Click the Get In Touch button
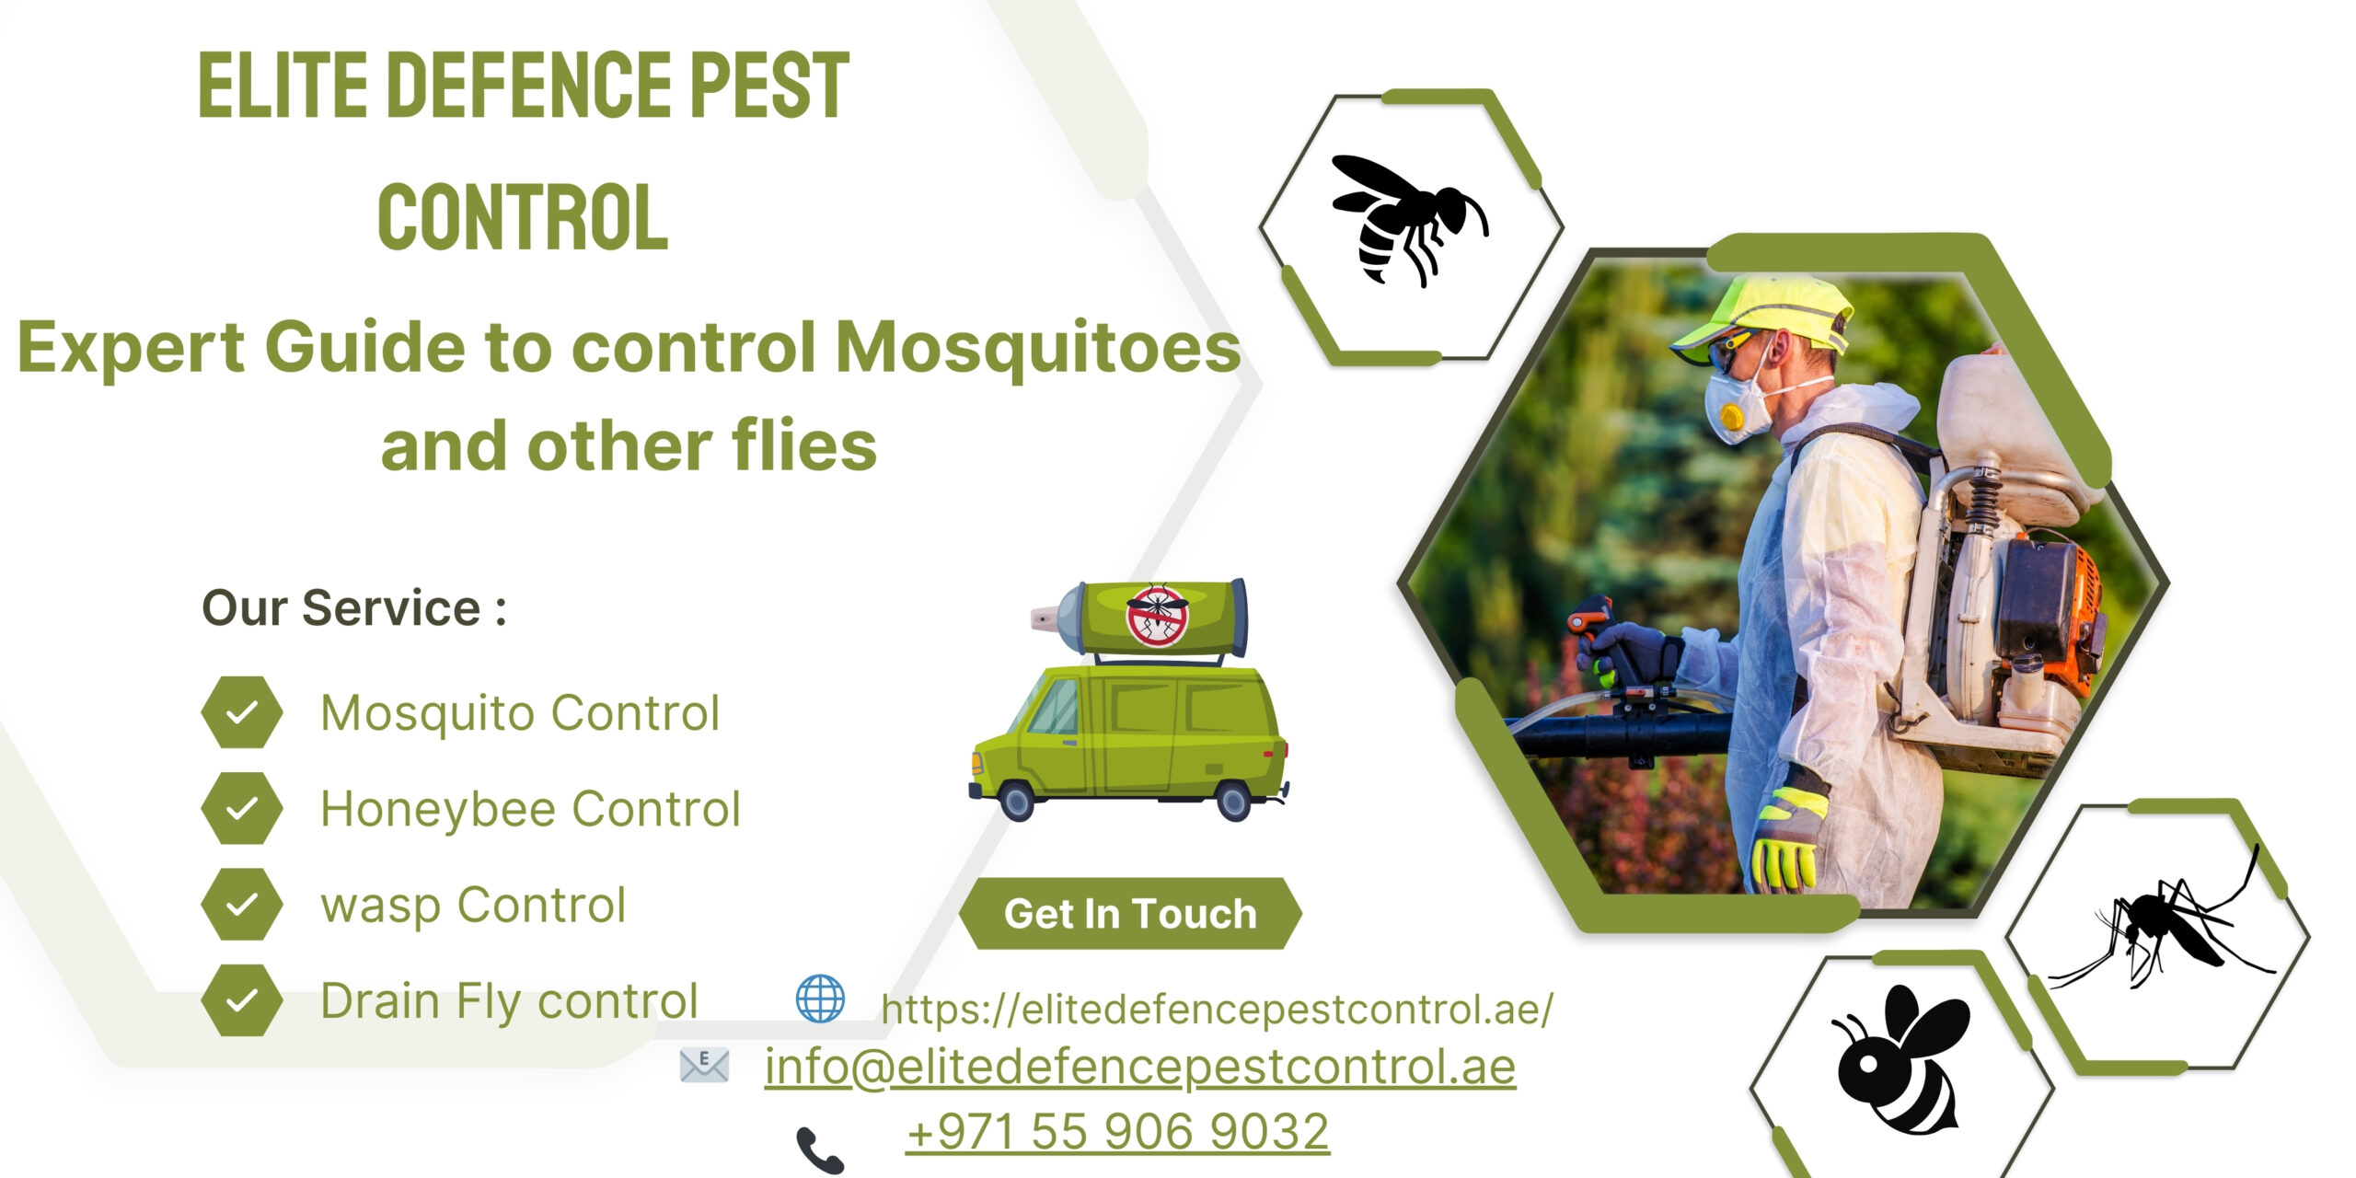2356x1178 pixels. (x=1130, y=914)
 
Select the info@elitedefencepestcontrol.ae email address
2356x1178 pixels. (x=1139, y=1068)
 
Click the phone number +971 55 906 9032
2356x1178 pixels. (x=1117, y=1131)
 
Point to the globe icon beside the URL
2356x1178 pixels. (x=819, y=999)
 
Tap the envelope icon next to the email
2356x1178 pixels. (x=704, y=1065)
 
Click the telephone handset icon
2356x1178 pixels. (x=819, y=1149)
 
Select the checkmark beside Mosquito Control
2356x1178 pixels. (x=241, y=712)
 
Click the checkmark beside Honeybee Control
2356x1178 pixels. (x=241, y=808)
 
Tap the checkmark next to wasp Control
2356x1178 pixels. (x=241, y=905)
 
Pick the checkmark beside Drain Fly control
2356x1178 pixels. (x=241, y=1000)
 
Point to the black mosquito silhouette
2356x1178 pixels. (x=2163, y=930)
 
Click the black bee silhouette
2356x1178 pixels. (x=1900, y=1058)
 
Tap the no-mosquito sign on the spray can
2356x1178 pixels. (x=1157, y=615)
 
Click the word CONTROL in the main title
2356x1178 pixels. (x=522, y=217)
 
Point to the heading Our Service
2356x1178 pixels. (x=353, y=607)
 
